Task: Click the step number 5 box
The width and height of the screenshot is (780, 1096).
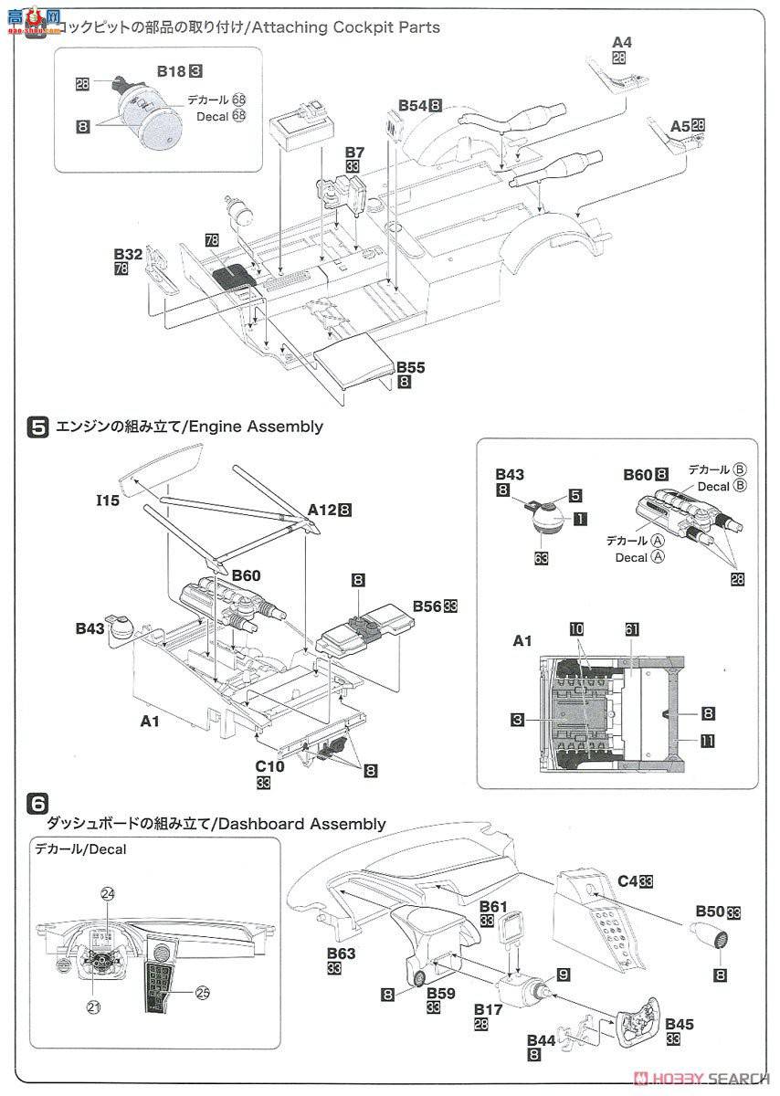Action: [x=39, y=426]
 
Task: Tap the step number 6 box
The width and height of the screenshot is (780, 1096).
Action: [x=38, y=803]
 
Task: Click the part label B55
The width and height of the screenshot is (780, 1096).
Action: [x=412, y=367]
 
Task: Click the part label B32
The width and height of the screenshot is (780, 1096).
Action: [x=129, y=254]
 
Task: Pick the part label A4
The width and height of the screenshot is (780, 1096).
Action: [x=621, y=42]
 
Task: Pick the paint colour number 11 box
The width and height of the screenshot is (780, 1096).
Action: [x=706, y=743]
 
